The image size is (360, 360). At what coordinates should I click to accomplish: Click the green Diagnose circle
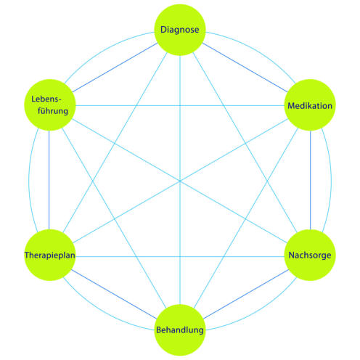tap(180, 30)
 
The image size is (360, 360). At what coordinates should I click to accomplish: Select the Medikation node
tap(310, 105)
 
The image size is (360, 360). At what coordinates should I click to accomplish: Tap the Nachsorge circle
tap(310, 255)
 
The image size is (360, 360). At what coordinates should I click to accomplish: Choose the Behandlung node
tap(180, 330)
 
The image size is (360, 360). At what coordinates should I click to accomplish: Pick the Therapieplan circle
tap(50, 255)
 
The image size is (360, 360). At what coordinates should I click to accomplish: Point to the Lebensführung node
tap(50, 105)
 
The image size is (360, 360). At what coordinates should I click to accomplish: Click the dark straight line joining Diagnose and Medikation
tap(245, 67)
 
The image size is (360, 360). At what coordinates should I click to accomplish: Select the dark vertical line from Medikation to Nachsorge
tap(311, 180)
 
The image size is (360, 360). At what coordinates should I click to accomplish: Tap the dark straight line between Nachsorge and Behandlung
tap(246, 294)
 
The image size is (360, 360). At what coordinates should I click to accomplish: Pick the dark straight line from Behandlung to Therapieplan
tap(114, 294)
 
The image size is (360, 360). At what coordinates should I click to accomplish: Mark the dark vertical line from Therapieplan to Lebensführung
tap(49, 180)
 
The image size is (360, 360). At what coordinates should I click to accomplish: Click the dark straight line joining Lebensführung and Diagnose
tap(115, 67)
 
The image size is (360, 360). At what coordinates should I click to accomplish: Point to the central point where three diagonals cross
tap(180, 181)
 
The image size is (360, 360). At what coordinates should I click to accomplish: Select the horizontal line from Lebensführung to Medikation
tap(180, 105)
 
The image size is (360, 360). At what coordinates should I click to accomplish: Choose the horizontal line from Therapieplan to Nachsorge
tap(180, 256)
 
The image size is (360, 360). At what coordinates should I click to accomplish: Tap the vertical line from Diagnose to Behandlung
tap(180, 180)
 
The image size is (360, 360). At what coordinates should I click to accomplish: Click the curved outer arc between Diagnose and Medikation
tap(257, 50)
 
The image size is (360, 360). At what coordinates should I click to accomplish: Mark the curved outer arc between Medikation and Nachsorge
tap(331, 180)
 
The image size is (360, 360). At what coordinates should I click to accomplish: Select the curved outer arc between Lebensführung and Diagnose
tap(103, 50)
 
